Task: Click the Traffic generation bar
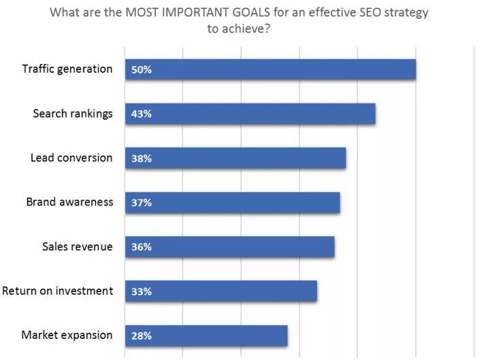[x=270, y=69]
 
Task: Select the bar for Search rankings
[x=250, y=114]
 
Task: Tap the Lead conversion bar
[x=235, y=158]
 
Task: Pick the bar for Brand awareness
[x=232, y=203]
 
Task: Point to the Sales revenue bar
[x=229, y=247]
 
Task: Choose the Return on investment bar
[x=221, y=291]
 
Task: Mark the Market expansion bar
[x=206, y=336]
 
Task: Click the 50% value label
[x=141, y=69]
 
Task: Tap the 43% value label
[x=141, y=114]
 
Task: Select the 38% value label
[x=141, y=159]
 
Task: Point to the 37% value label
[x=141, y=203]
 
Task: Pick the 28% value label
[x=141, y=336]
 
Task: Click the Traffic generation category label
[x=67, y=69]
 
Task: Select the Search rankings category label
[x=73, y=113]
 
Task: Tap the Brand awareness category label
[x=69, y=202]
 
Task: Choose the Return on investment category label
[x=57, y=291]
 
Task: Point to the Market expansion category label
[x=67, y=335]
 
